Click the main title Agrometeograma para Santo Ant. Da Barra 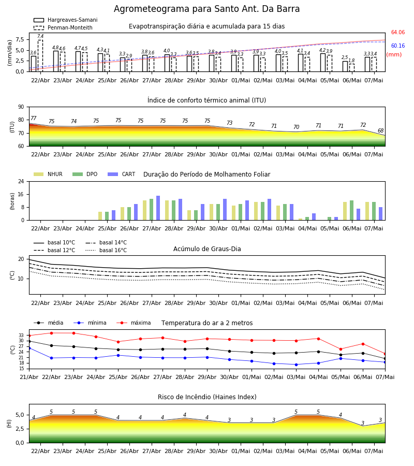(x=206, y=9)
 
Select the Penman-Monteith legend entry (x=63, y=27)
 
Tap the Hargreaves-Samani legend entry (x=65, y=20)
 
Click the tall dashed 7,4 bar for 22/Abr (x=40, y=56)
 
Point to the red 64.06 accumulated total (x=398, y=33)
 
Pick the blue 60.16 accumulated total (x=398, y=46)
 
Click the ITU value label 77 (x=33, y=118)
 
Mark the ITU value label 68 (x=380, y=131)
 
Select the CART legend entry (x=122, y=174)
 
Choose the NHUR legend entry (x=48, y=174)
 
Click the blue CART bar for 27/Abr (x=158, y=208)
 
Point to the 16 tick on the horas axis (x=21, y=194)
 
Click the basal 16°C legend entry (x=106, y=250)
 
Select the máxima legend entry (x=134, y=323)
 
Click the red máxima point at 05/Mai (x=341, y=349)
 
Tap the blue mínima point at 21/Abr (x=29, y=348)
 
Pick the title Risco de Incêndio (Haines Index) (x=207, y=397)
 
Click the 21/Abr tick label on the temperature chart (x=29, y=377)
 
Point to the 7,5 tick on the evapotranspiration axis (x=20, y=39)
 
